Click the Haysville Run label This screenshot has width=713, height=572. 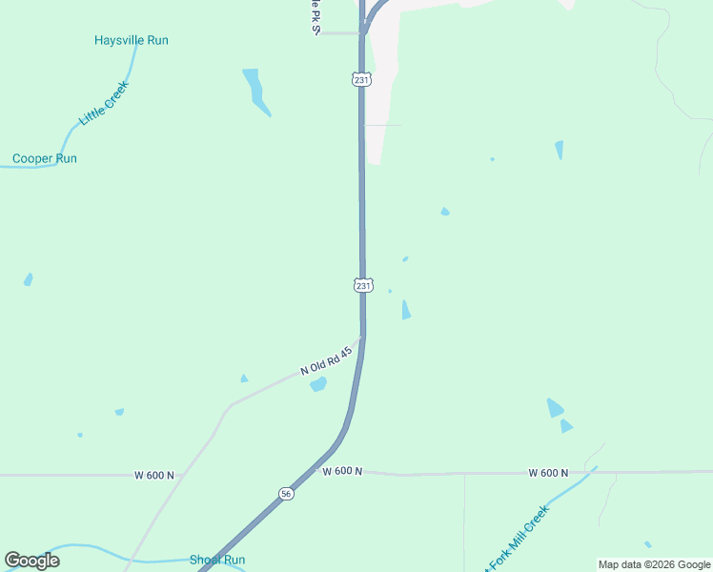tap(132, 40)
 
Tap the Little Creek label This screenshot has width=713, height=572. tap(104, 103)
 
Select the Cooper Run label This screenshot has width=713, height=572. tap(45, 158)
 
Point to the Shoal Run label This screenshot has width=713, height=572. tap(217, 560)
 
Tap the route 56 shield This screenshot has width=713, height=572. tap(287, 493)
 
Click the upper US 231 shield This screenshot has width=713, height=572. tap(361, 80)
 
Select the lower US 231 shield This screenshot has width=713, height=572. tap(363, 285)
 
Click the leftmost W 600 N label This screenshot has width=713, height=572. tap(154, 475)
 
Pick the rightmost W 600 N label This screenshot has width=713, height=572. tap(548, 473)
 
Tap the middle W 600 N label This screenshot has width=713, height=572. tap(342, 471)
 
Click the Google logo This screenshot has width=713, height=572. tap(32, 561)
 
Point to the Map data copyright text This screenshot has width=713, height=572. tap(654, 564)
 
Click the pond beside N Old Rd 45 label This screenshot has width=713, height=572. tap(318, 384)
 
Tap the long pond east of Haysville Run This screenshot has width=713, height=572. tap(255, 91)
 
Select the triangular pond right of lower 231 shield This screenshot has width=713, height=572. tap(406, 310)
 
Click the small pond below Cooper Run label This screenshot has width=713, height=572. tap(29, 279)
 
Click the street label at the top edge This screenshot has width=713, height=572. tap(313, 17)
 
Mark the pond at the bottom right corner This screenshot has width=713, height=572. tap(648, 544)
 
